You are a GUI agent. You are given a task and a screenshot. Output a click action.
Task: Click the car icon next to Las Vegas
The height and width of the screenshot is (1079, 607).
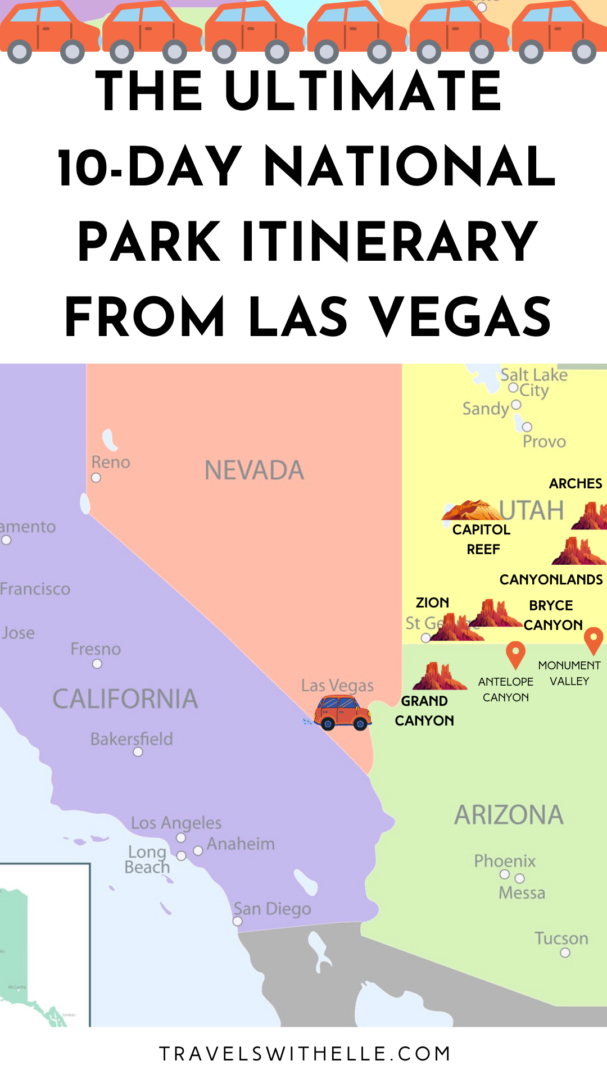[342, 713]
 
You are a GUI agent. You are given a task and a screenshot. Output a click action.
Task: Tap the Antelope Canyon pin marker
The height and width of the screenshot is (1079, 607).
[515, 654]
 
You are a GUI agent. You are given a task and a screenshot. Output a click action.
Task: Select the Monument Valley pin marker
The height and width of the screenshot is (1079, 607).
[593, 640]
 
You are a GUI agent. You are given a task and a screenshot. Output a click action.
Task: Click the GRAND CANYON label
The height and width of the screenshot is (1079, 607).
[424, 711]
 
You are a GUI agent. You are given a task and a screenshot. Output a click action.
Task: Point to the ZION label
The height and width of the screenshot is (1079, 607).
[432, 603]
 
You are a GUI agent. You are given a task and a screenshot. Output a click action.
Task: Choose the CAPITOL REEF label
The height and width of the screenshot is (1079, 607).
[482, 539]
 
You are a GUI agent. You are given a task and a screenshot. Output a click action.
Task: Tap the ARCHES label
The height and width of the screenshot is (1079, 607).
[576, 484]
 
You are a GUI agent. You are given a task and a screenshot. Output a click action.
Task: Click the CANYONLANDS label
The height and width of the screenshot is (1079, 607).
[551, 580]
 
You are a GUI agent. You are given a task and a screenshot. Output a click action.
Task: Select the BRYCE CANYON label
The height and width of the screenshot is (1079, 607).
[552, 615]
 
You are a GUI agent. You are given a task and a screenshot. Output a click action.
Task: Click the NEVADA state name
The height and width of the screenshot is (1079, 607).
[254, 471]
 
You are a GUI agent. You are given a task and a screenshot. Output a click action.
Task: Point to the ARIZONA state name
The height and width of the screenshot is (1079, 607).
[509, 815]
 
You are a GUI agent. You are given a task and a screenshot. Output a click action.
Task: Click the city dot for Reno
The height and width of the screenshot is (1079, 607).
[96, 478]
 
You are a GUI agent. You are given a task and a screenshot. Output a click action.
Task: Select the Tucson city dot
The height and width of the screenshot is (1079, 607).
[565, 953]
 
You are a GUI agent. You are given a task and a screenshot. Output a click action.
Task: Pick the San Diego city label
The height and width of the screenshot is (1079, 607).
[273, 909]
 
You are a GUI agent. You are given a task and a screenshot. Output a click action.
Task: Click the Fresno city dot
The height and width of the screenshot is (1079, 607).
[97, 664]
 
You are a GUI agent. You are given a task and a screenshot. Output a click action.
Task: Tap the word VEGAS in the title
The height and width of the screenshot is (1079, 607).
[460, 317]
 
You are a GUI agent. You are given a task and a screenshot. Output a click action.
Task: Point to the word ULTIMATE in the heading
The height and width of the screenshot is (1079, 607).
[363, 91]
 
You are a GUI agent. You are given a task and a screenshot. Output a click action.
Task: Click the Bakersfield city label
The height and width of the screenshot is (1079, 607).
[132, 739]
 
